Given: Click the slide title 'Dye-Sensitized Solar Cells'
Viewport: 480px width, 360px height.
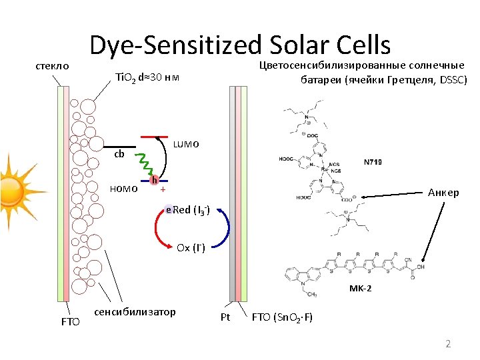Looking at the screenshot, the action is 240,45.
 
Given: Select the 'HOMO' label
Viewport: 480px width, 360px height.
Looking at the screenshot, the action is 124,189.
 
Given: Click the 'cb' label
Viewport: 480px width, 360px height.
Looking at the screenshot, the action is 120,154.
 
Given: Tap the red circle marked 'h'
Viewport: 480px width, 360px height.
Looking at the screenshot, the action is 154,180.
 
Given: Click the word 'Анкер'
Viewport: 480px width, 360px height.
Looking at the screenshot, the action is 443,193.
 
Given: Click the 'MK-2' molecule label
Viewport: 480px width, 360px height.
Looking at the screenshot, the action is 361,289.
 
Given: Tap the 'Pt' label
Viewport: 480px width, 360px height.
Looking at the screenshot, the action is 225,317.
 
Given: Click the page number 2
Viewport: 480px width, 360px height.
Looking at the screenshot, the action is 448,344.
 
